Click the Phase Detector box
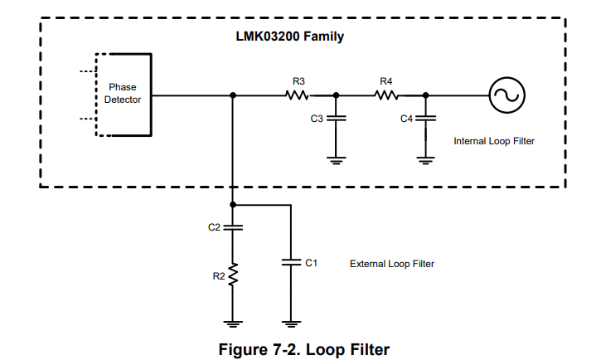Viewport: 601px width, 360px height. [124, 94]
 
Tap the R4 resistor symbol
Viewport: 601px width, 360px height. [385, 95]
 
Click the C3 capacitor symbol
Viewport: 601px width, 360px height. [335, 119]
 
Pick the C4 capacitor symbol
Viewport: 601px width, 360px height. [425, 119]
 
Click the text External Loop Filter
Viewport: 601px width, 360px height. [392, 264]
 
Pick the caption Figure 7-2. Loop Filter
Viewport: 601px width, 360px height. [303, 349]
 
